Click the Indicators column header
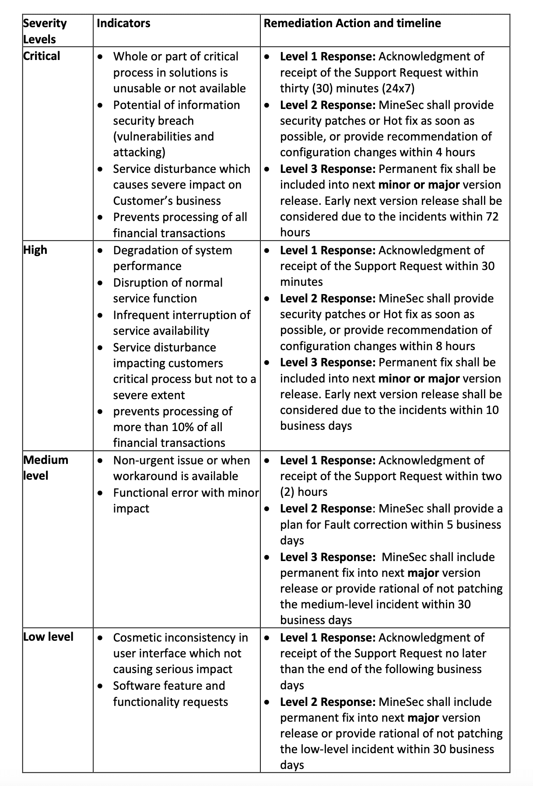(x=123, y=23)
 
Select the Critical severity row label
(x=42, y=56)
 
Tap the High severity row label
(x=35, y=250)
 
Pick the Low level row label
(x=48, y=637)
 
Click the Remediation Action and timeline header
(x=352, y=23)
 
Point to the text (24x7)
(x=398, y=88)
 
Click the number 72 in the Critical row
(x=492, y=217)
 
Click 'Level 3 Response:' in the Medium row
(x=327, y=557)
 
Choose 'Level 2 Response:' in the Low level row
(x=327, y=702)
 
